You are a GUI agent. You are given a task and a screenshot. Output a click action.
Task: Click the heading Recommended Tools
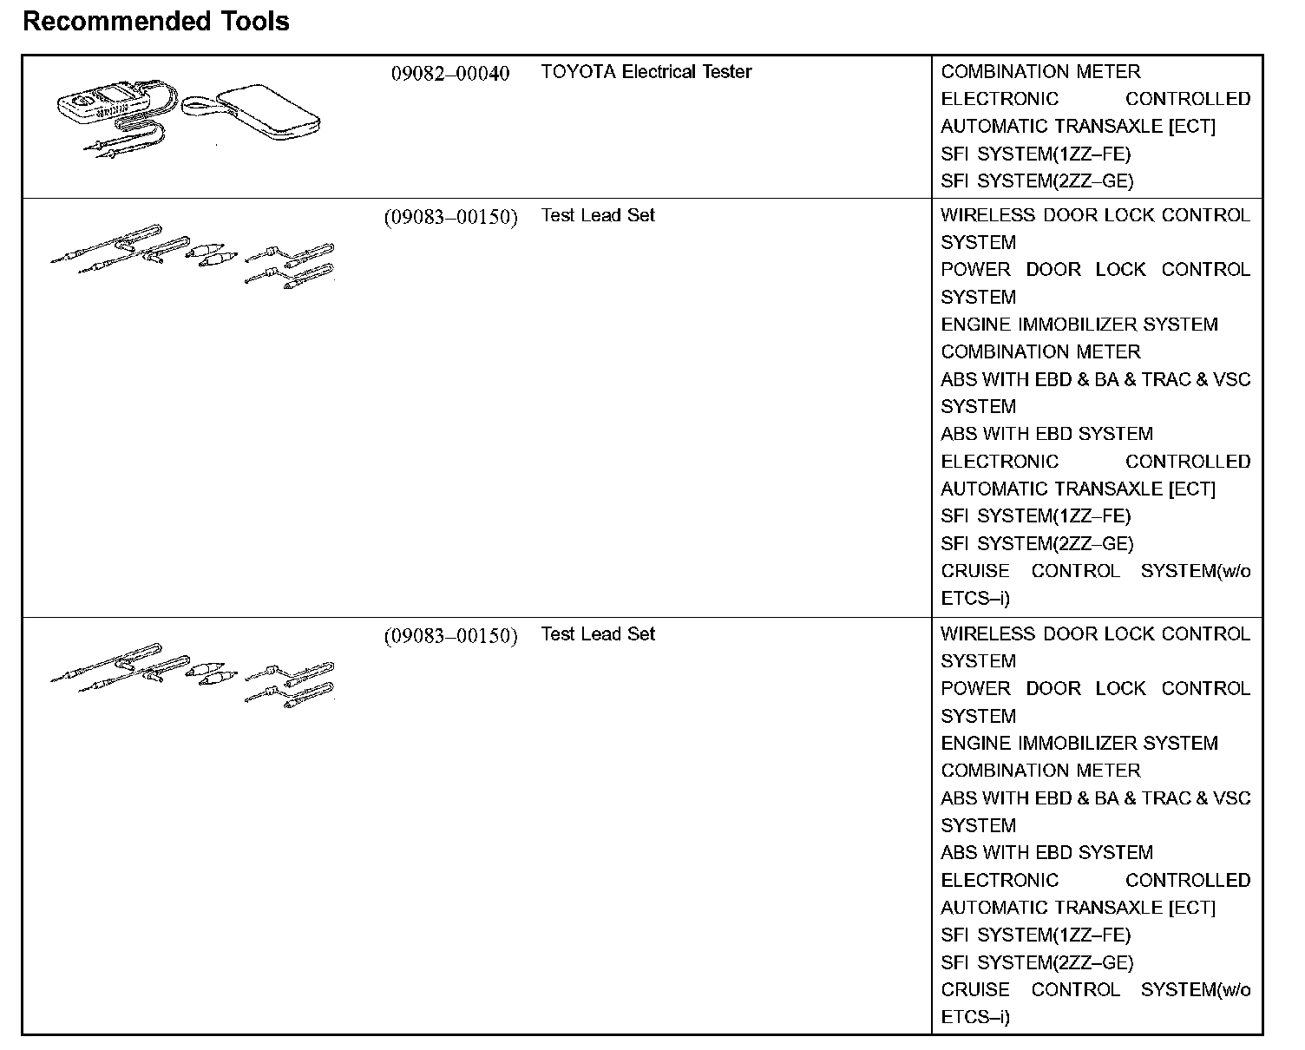(156, 21)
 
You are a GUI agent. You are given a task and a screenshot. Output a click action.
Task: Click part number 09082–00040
(449, 73)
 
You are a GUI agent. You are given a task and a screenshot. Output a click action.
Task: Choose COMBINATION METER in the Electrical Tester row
(1040, 72)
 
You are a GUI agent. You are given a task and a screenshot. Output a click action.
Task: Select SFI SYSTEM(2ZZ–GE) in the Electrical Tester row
(1037, 181)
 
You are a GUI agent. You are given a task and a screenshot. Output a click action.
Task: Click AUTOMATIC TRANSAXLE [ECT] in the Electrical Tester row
(1078, 127)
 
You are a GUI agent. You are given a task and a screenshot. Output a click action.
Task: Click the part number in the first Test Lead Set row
(450, 217)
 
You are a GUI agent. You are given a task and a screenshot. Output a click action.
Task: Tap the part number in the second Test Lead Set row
(450, 636)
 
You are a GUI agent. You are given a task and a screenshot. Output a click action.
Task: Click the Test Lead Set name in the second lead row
(598, 634)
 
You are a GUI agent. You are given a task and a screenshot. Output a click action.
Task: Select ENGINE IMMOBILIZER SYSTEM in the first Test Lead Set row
(1079, 325)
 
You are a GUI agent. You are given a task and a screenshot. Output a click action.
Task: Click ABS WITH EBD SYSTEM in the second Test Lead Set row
(1046, 853)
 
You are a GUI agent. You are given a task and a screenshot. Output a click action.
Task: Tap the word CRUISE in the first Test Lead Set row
(975, 571)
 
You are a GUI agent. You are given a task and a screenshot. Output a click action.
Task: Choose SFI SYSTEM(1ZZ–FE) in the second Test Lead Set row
(1035, 935)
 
